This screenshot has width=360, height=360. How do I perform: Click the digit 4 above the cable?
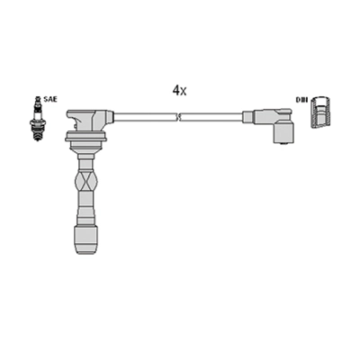click(176, 91)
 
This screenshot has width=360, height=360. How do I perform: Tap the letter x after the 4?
click(184, 92)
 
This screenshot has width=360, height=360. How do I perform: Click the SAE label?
click(50, 99)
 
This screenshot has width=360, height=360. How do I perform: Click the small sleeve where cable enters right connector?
click(248, 116)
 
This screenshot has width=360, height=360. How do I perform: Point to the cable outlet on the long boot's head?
click(108, 116)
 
